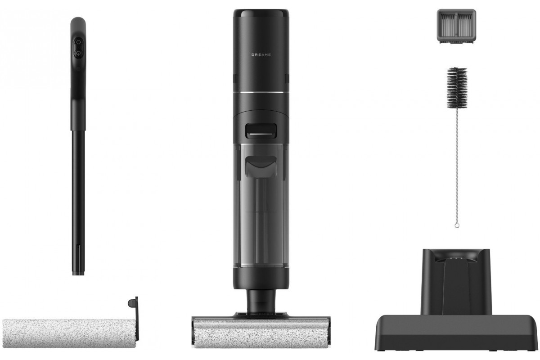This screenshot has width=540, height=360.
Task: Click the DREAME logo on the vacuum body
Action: [x=261, y=55]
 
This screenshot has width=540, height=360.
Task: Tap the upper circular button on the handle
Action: [x=78, y=42]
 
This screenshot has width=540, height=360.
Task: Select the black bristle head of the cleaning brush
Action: [x=457, y=88]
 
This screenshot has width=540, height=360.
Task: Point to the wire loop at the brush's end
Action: [x=457, y=226]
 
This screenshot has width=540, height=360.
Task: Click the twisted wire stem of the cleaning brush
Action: [x=457, y=166]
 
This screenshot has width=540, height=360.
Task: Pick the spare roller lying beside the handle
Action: [x=70, y=333]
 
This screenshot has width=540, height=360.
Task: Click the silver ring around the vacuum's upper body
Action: [x=261, y=93]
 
